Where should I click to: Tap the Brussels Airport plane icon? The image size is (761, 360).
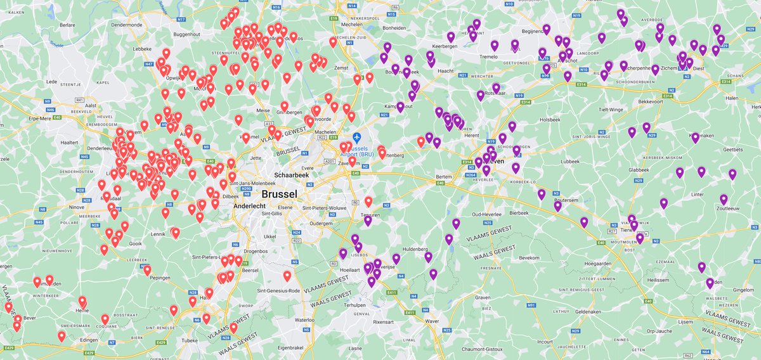(x=356, y=137)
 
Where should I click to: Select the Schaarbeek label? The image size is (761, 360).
(x=291, y=174)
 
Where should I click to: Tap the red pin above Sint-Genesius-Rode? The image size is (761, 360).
(x=287, y=276)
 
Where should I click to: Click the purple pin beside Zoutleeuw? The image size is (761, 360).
(x=724, y=199)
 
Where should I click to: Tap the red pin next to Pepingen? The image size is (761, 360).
(x=147, y=270)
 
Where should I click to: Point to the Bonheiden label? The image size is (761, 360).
(x=394, y=28)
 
